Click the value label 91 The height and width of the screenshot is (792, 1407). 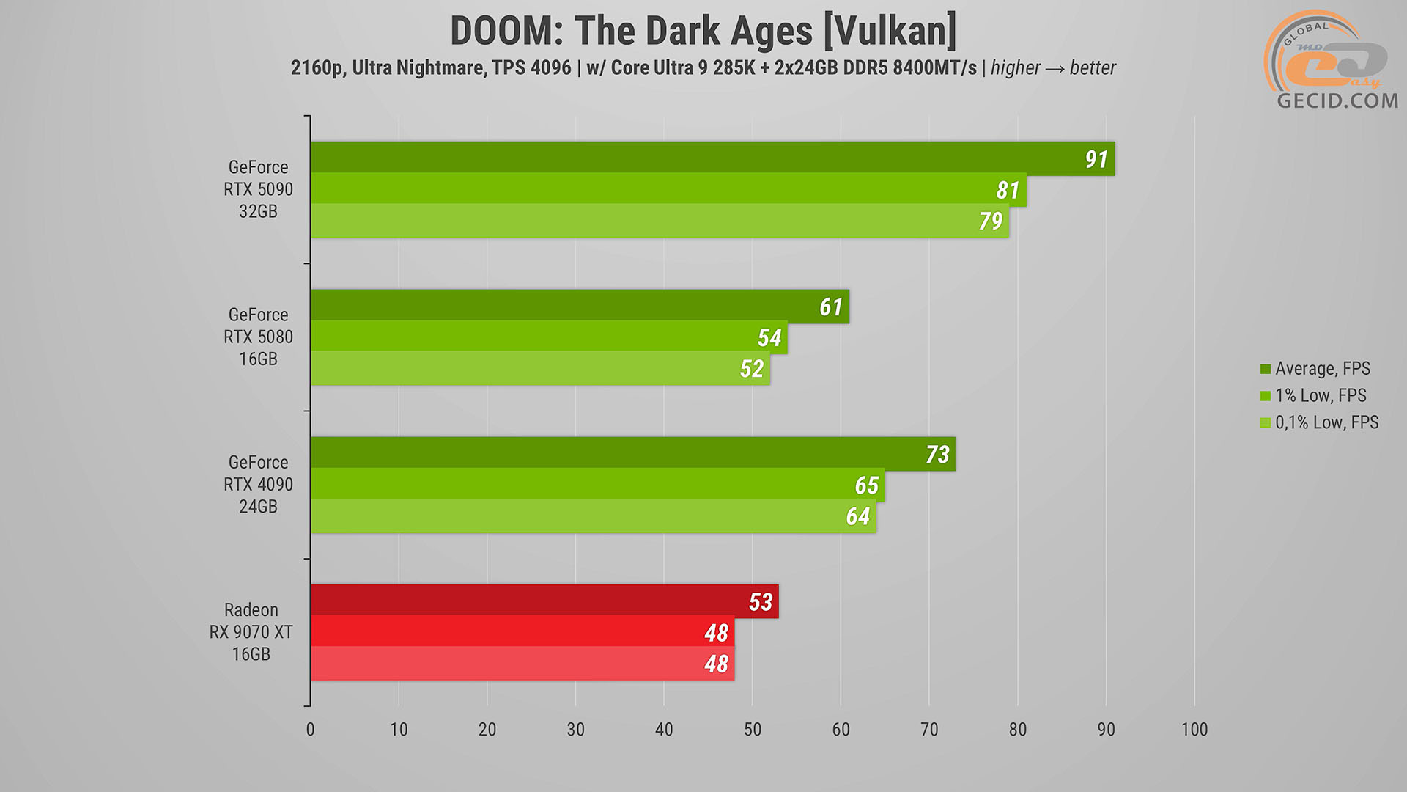pos(1096,159)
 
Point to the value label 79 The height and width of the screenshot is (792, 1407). pos(991,221)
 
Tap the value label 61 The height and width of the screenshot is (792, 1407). pos(831,307)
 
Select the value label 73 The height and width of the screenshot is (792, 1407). pos(937,455)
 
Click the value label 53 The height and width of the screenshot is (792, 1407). pos(761,602)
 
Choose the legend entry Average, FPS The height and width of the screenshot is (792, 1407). pos(1322,368)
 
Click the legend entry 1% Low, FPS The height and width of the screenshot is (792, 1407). pos(1321,395)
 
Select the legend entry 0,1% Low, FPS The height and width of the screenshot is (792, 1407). pos(1326,422)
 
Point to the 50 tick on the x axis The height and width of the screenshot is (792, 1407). pos(753,729)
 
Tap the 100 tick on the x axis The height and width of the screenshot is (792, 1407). pos(1194,729)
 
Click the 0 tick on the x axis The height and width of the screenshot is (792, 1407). pos(311,729)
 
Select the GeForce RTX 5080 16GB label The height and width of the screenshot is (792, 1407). pos(259,337)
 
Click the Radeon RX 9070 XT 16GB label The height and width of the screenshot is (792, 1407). pos(251,631)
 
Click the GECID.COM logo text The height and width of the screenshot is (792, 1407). pos(1337,100)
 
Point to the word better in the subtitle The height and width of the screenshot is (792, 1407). pos(1093,67)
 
